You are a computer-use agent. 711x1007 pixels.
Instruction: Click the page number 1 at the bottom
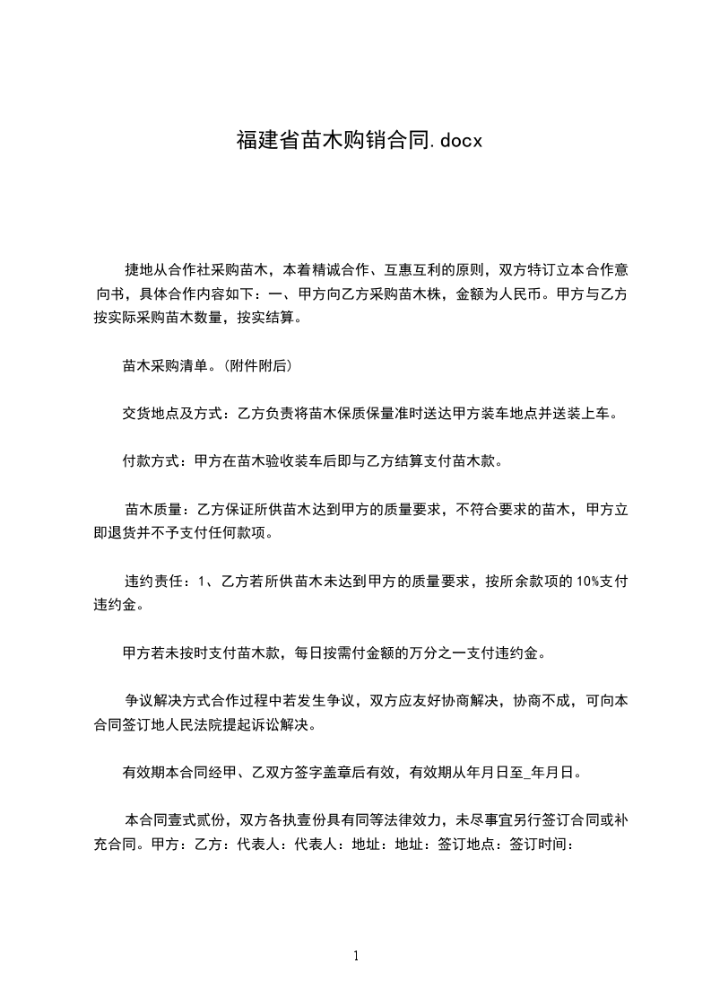tap(356, 956)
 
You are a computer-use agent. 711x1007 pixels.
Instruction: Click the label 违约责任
tap(152, 582)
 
